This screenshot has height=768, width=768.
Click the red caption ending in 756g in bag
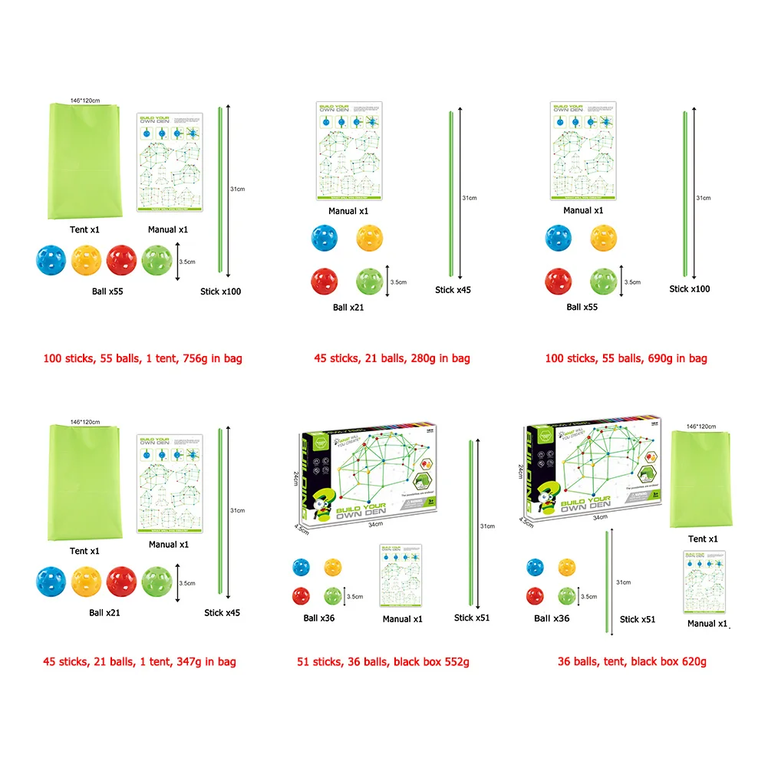point(142,358)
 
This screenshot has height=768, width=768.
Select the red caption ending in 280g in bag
point(392,358)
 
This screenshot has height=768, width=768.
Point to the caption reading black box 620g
point(631,661)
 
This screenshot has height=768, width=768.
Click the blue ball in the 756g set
point(51,260)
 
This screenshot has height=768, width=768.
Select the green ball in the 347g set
point(157,580)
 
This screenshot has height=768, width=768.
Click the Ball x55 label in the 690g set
point(582,307)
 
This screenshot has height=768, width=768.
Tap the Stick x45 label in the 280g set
point(453,290)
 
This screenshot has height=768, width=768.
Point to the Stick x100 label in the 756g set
point(221,292)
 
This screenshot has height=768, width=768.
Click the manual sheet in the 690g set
point(583,150)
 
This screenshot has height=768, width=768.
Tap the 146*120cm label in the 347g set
point(85,422)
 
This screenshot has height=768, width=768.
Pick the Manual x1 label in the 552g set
point(401,619)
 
